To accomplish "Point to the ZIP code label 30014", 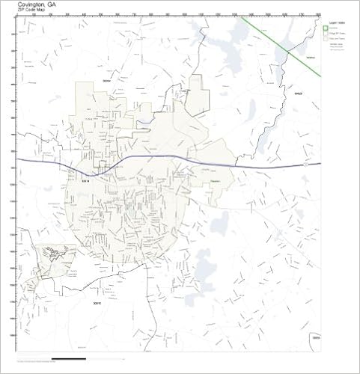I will [85, 180].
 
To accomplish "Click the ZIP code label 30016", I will [95, 303].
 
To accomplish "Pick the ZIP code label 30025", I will [297, 93].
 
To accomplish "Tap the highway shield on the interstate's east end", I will [307, 165].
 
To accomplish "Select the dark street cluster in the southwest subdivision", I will [53, 254].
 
